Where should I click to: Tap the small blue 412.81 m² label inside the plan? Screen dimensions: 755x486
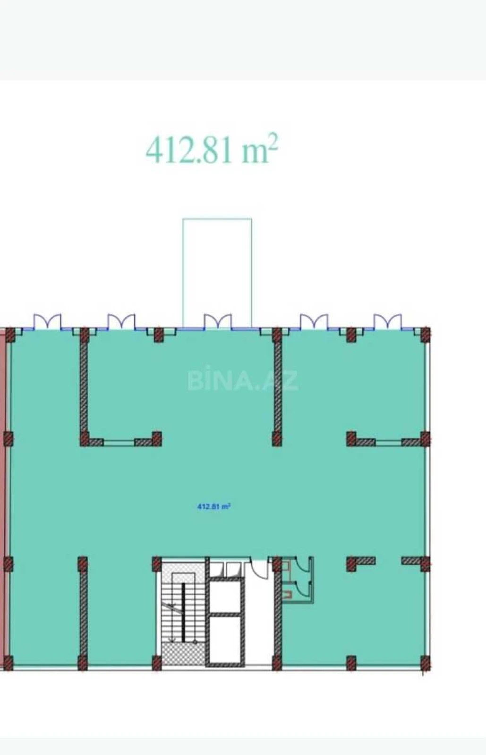point(213,507)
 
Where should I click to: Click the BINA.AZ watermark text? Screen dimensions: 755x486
point(243,380)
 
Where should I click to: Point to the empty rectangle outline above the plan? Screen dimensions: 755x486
point(217,264)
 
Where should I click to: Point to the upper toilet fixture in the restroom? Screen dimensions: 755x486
point(286,565)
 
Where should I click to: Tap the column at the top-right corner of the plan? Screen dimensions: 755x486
point(425,335)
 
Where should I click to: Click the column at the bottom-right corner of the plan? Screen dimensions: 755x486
point(425,663)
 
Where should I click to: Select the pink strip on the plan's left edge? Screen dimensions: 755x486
point(3,495)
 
